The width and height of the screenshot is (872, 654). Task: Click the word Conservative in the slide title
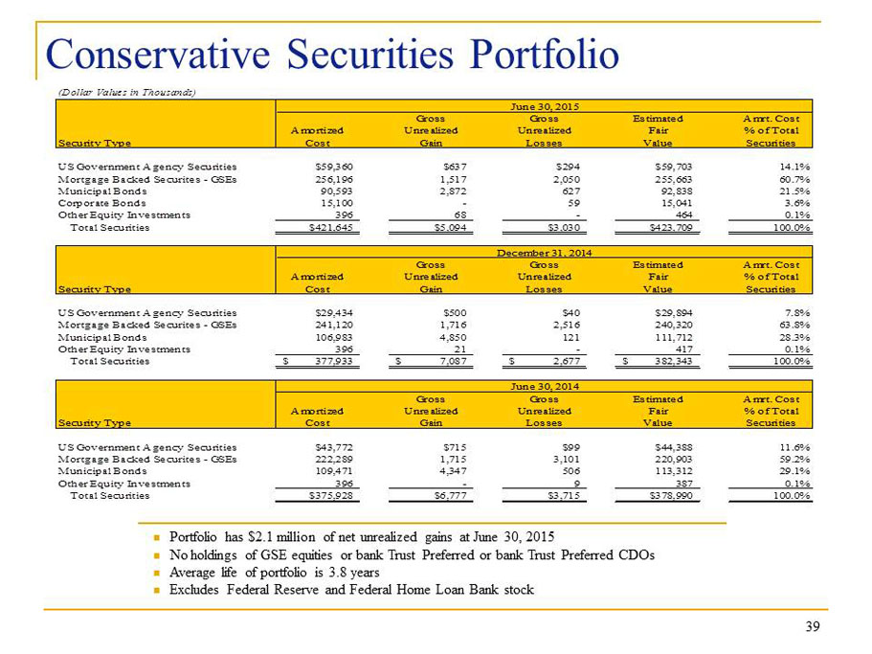[158, 55]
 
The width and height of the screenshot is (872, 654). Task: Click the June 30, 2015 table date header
[545, 106]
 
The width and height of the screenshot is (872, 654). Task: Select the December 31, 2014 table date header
[544, 253]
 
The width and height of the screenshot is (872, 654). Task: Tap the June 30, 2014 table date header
[545, 386]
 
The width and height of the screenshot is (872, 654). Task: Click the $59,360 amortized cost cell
[334, 167]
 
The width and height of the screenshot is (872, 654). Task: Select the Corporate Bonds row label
[101, 203]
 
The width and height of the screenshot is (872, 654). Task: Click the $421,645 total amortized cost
[330, 228]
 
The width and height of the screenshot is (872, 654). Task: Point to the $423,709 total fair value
[671, 228]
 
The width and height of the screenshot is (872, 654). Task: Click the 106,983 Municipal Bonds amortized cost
[334, 337]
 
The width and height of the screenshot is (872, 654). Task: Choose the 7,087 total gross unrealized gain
[453, 362]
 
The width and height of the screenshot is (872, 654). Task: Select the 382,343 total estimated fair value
[674, 362]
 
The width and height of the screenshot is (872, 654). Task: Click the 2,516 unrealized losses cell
[566, 325]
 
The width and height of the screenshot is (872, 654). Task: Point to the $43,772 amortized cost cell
[334, 447]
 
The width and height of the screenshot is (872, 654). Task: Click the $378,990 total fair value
[671, 495]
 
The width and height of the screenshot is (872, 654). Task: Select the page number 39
[813, 627]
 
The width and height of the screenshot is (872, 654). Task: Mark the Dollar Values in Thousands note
[126, 92]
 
